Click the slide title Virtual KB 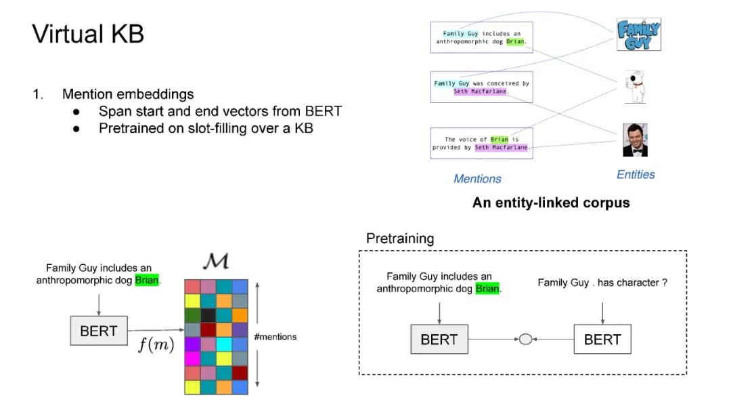click(x=88, y=34)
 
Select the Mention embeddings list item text click(x=128, y=94)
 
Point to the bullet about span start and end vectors click(x=220, y=111)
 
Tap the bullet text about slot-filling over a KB click(x=206, y=127)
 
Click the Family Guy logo click(x=638, y=35)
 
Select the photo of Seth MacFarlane click(x=635, y=140)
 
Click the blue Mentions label click(x=477, y=179)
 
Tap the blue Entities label click(x=636, y=175)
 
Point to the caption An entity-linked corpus click(x=551, y=203)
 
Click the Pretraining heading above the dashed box click(x=399, y=239)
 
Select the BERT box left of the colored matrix click(x=99, y=331)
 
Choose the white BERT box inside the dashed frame click(x=602, y=339)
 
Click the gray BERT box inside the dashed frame click(x=439, y=339)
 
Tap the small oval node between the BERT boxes click(x=525, y=339)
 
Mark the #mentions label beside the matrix click(x=275, y=337)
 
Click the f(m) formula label click(x=156, y=345)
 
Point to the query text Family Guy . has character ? click(x=602, y=283)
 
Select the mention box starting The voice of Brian click(x=481, y=143)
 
